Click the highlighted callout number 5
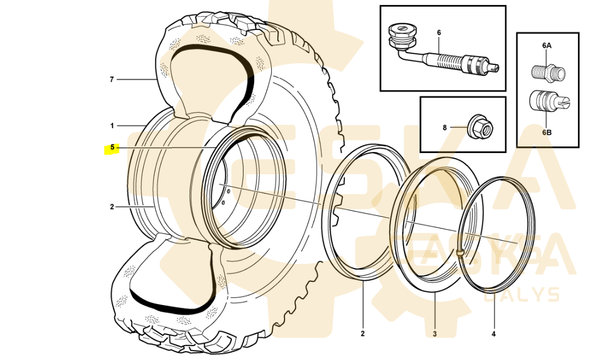click(112, 147)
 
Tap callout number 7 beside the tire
click(112, 79)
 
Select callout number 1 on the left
click(112, 126)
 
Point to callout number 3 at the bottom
click(435, 334)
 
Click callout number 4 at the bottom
click(494, 334)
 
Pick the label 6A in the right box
click(547, 45)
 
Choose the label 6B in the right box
click(547, 133)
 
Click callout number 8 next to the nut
click(445, 128)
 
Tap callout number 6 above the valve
click(439, 33)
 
